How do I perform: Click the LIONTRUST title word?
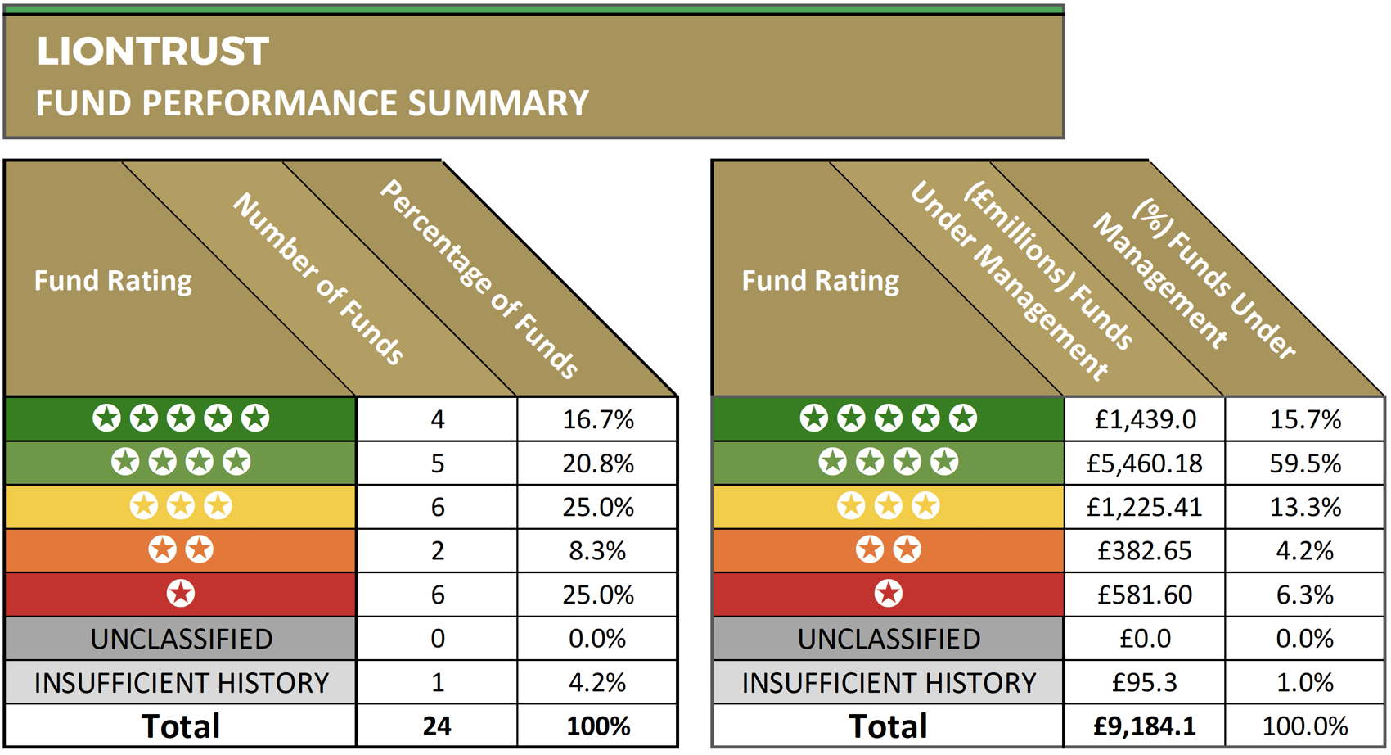(152, 52)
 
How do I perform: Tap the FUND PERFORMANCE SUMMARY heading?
(312, 104)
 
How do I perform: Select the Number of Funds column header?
(319, 279)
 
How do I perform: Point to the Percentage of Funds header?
(479, 279)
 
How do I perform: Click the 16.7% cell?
(598, 420)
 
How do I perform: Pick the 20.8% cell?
(598, 464)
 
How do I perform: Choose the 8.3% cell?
(598, 551)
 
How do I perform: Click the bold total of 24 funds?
(437, 726)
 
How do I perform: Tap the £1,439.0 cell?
(1145, 420)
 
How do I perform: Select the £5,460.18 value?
(1145, 464)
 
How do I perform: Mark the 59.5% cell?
(1305, 464)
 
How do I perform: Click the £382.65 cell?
(1145, 551)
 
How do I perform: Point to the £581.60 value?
(1145, 595)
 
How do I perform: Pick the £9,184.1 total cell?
(1145, 726)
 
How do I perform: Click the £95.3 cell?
(1145, 682)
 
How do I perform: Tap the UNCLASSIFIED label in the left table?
(181, 639)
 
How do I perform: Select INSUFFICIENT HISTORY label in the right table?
(889, 682)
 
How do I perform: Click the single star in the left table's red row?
(181, 594)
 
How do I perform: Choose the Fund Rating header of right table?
(820, 281)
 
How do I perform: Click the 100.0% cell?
(1305, 726)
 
